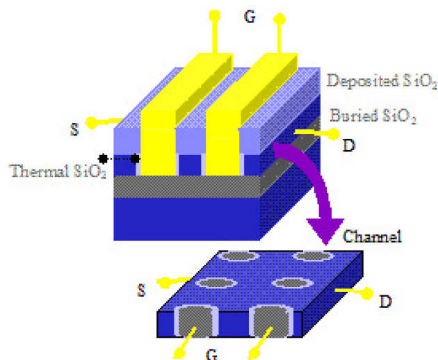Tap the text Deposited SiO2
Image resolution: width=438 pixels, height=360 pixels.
tap(382, 81)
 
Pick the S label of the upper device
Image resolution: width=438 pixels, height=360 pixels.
tap(74, 130)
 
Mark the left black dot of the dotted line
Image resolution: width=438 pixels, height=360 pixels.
tap(103, 159)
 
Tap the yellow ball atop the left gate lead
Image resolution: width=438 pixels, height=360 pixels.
tap(214, 15)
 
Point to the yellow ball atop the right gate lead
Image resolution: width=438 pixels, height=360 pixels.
tap(279, 17)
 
